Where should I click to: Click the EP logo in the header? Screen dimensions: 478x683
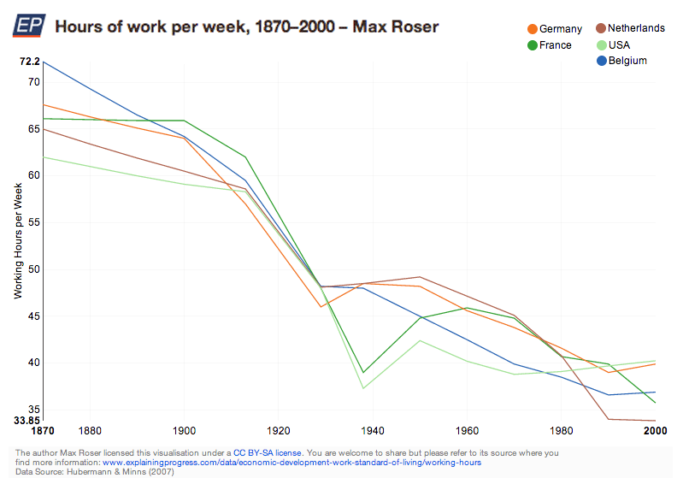pyautogui.click(x=27, y=27)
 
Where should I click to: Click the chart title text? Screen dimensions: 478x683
pyautogui.click(x=247, y=27)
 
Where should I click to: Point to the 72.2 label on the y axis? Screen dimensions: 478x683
pyautogui.click(x=29, y=62)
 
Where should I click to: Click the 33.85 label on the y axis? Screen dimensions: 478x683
pyautogui.click(x=26, y=421)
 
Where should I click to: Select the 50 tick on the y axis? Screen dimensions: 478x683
pyautogui.click(x=33, y=269)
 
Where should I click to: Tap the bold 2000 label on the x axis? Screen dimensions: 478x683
pyautogui.click(x=655, y=432)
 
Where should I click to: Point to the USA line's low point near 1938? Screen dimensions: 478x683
pyautogui.click(x=363, y=388)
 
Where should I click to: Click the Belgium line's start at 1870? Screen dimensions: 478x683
pyautogui.click(x=43, y=62)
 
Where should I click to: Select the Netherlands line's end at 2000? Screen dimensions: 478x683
pyautogui.click(x=656, y=421)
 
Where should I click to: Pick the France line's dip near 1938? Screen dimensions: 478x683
pyautogui.click(x=363, y=372)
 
